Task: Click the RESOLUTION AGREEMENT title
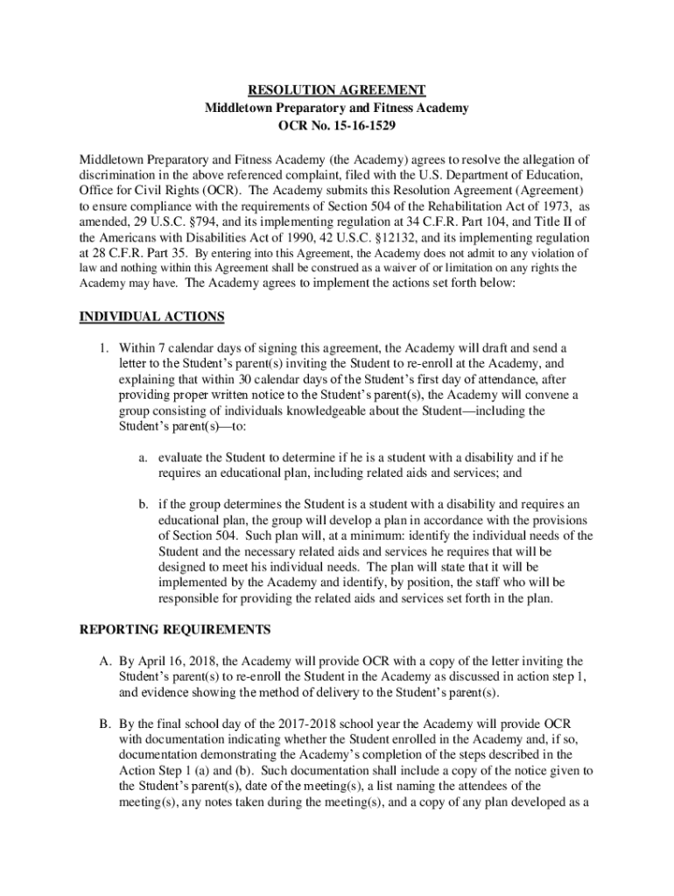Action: [337, 90]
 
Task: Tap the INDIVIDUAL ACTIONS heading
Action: [152, 316]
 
